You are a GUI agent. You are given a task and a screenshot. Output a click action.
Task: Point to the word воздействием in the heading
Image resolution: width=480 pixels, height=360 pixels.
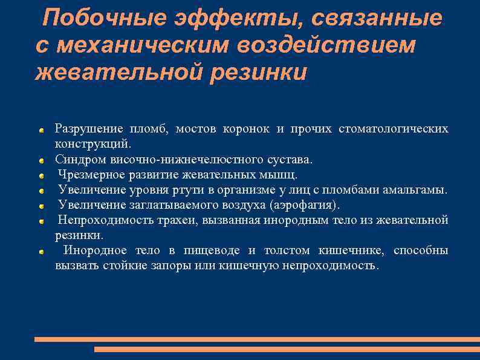click(x=326, y=45)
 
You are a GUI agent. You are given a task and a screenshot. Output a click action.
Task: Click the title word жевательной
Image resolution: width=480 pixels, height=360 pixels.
click(x=117, y=72)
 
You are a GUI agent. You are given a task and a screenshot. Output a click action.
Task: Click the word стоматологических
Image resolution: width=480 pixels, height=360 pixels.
click(x=394, y=128)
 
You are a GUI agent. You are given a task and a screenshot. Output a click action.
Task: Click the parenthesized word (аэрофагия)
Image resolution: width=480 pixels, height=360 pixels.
click(x=305, y=205)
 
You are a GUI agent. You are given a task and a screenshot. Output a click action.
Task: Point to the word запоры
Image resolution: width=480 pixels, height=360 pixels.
click(x=163, y=266)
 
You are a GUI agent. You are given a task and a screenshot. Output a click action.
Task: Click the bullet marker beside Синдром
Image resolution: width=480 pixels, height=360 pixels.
click(x=41, y=161)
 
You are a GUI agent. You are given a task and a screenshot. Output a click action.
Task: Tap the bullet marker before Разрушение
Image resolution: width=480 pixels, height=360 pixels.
click(x=41, y=129)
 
